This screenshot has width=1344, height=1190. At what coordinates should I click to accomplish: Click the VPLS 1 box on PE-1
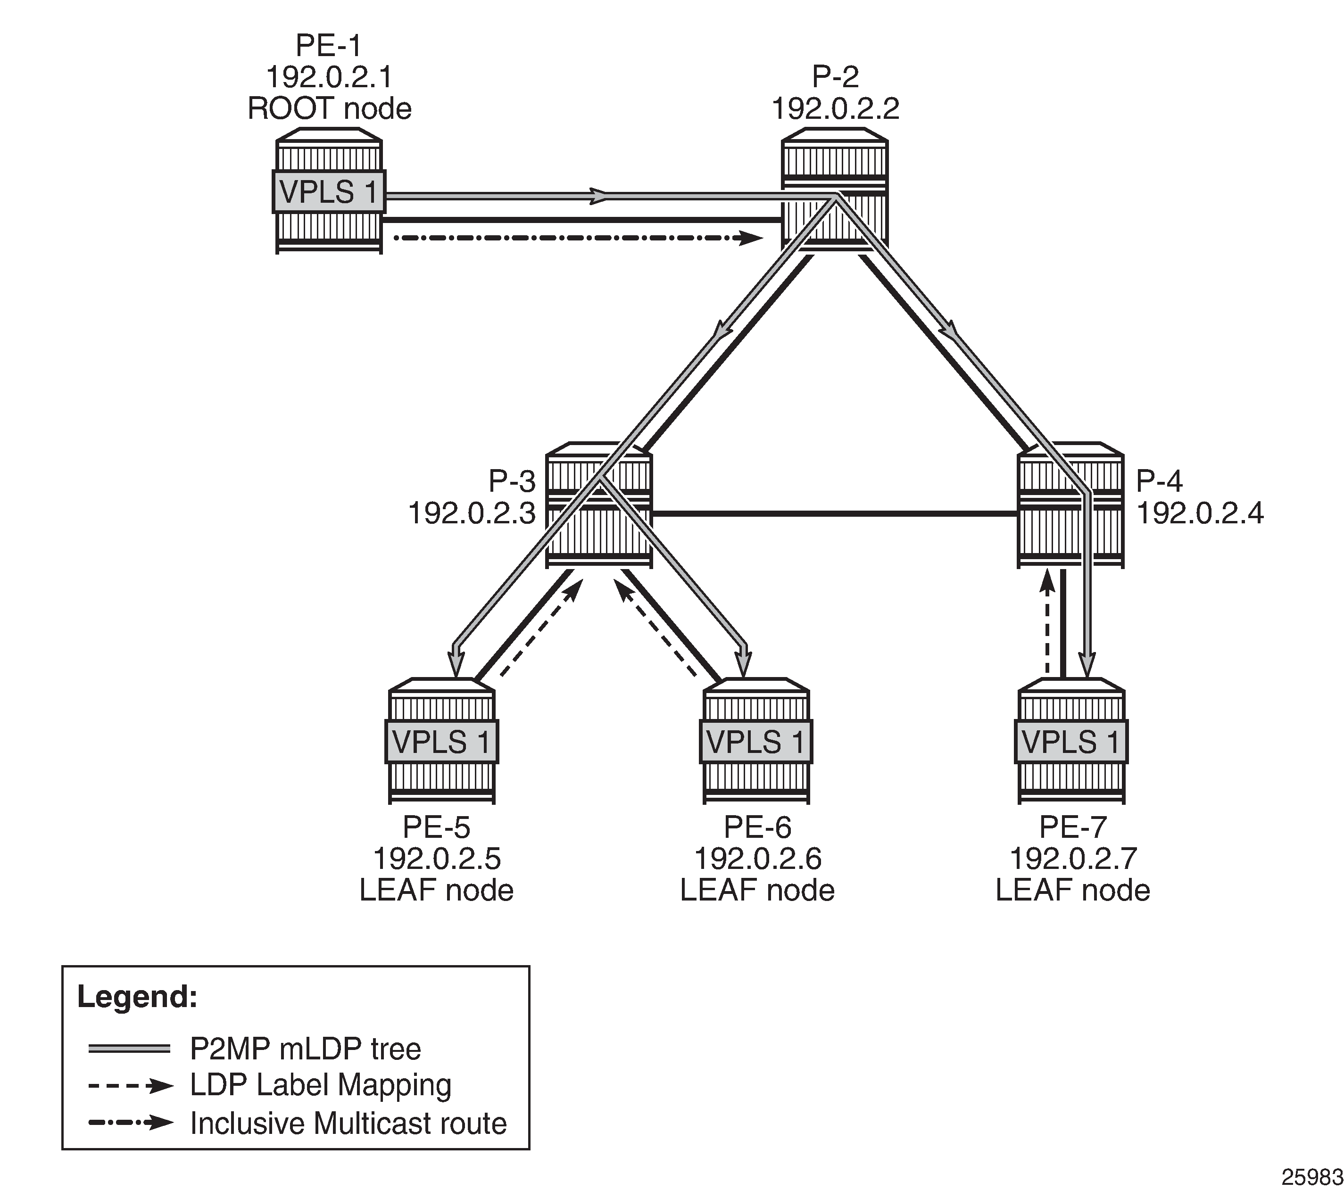click(x=328, y=192)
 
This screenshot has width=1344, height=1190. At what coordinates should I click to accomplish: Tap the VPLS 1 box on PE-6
click(x=755, y=742)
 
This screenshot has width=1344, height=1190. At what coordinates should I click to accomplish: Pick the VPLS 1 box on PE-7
click(x=1070, y=742)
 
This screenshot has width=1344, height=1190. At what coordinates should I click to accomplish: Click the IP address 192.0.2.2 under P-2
click(x=835, y=108)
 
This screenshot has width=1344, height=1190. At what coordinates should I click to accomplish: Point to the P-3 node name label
click(x=512, y=481)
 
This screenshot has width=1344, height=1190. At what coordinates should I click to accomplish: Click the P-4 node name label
click(x=1159, y=481)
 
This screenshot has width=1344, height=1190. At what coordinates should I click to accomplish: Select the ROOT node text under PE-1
click(x=330, y=108)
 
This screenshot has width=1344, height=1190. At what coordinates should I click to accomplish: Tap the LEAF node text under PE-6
click(x=757, y=890)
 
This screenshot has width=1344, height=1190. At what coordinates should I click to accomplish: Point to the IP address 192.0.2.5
click(x=437, y=859)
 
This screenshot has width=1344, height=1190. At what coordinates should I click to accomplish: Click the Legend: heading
click(x=137, y=997)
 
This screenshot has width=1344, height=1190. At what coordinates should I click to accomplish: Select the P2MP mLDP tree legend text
click(x=305, y=1049)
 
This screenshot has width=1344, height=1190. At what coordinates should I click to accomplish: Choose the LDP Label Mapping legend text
click(x=320, y=1085)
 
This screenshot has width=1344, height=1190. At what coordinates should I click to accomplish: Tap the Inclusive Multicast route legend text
click(x=348, y=1124)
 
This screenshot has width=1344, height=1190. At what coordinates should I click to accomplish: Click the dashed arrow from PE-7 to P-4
click(x=1047, y=625)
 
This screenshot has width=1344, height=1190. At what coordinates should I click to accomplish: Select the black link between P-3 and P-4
click(x=834, y=513)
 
